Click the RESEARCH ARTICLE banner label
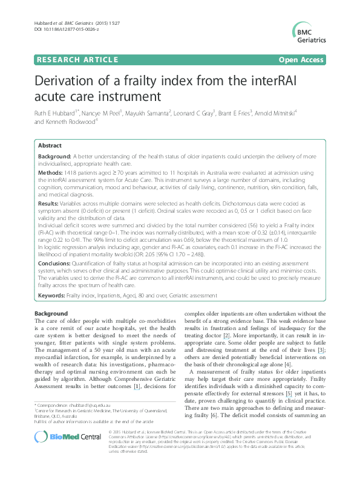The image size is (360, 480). coord(76,60)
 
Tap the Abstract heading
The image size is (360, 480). coord(50,146)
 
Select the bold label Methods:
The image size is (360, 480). coord(50,172)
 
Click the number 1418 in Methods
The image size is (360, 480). coord(70,172)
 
